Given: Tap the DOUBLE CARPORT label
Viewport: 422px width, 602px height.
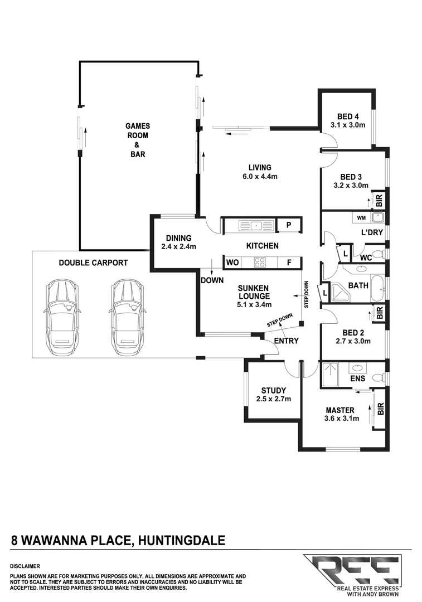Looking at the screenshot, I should click(93, 263).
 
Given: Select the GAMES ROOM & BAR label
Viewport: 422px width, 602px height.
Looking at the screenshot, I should click(137, 140).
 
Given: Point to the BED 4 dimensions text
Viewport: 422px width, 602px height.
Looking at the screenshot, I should click(347, 125).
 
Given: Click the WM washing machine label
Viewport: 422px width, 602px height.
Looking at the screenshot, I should click(361, 217).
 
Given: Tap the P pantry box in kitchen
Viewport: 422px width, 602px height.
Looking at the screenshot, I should click(289, 225).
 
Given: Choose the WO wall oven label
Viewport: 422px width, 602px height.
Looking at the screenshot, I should click(232, 261).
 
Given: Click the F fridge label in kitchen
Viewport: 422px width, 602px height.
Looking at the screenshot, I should click(289, 261).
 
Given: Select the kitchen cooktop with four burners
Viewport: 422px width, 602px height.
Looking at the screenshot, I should click(259, 261).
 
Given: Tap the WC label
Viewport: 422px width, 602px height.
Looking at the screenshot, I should click(366, 258).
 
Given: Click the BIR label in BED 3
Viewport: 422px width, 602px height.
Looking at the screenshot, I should click(379, 198).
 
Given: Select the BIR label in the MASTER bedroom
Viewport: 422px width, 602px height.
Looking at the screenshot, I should click(380, 410).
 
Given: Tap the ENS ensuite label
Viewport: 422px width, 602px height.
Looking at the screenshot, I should click(357, 379).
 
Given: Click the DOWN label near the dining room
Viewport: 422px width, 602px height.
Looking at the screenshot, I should click(213, 280).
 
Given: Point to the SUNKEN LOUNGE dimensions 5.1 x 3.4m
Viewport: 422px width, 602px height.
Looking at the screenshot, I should click(252, 304).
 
